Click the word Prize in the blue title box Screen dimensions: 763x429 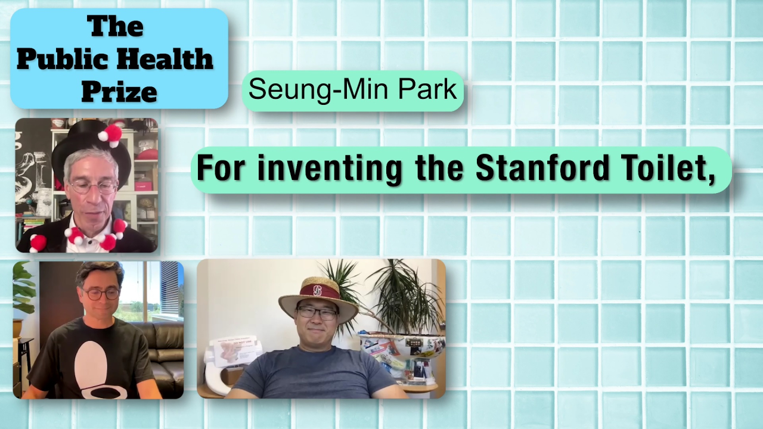click(x=119, y=92)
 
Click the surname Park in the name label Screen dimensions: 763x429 click(x=427, y=89)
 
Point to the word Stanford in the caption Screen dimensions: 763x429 click(x=542, y=167)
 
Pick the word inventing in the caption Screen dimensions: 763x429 click(x=330, y=169)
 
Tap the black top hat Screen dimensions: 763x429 click(x=91, y=147)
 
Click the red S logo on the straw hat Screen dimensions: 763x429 click(x=317, y=290)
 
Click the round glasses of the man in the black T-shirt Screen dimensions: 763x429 click(x=101, y=294)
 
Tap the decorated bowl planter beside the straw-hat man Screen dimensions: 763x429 click(x=402, y=354)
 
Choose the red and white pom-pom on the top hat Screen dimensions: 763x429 click(x=110, y=135)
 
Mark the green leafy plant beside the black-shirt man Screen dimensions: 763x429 click(x=24, y=290)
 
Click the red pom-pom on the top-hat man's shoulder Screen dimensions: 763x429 click(x=38, y=243)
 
